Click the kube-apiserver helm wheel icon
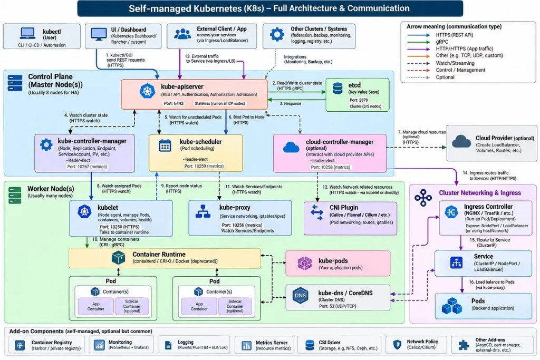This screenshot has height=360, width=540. (148, 91)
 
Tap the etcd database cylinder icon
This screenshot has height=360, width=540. (337, 89)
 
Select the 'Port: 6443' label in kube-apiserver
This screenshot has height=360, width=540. (173, 103)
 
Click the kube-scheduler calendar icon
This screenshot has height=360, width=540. (165, 145)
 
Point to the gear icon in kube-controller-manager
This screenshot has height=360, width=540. (46, 145)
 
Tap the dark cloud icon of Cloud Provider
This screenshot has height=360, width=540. (461, 141)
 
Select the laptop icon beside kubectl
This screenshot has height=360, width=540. (27, 33)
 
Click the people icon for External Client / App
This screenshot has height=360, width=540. (182, 34)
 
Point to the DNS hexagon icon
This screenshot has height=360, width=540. (300, 295)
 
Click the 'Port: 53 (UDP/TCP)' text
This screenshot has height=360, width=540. (337, 306)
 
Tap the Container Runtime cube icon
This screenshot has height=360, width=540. (119, 257)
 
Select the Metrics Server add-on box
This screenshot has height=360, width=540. (264, 345)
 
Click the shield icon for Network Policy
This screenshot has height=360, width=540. (397, 345)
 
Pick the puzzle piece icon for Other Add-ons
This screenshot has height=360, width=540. (464, 345)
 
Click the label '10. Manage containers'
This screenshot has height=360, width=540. (115, 239)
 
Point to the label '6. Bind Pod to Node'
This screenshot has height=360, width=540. (247, 117)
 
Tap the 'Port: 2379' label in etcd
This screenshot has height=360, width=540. (359, 100)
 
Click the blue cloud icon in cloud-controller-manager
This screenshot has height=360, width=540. (291, 148)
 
